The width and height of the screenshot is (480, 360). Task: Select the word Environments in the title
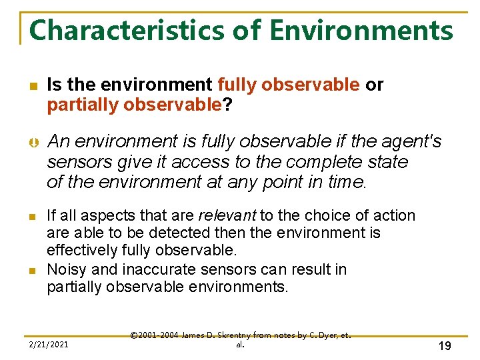[361, 31]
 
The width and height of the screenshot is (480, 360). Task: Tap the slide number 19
[445, 345]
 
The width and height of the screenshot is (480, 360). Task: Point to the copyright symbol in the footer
[134, 335]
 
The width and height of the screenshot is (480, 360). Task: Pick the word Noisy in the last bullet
[65, 269]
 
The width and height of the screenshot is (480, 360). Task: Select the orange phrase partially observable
[134, 104]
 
